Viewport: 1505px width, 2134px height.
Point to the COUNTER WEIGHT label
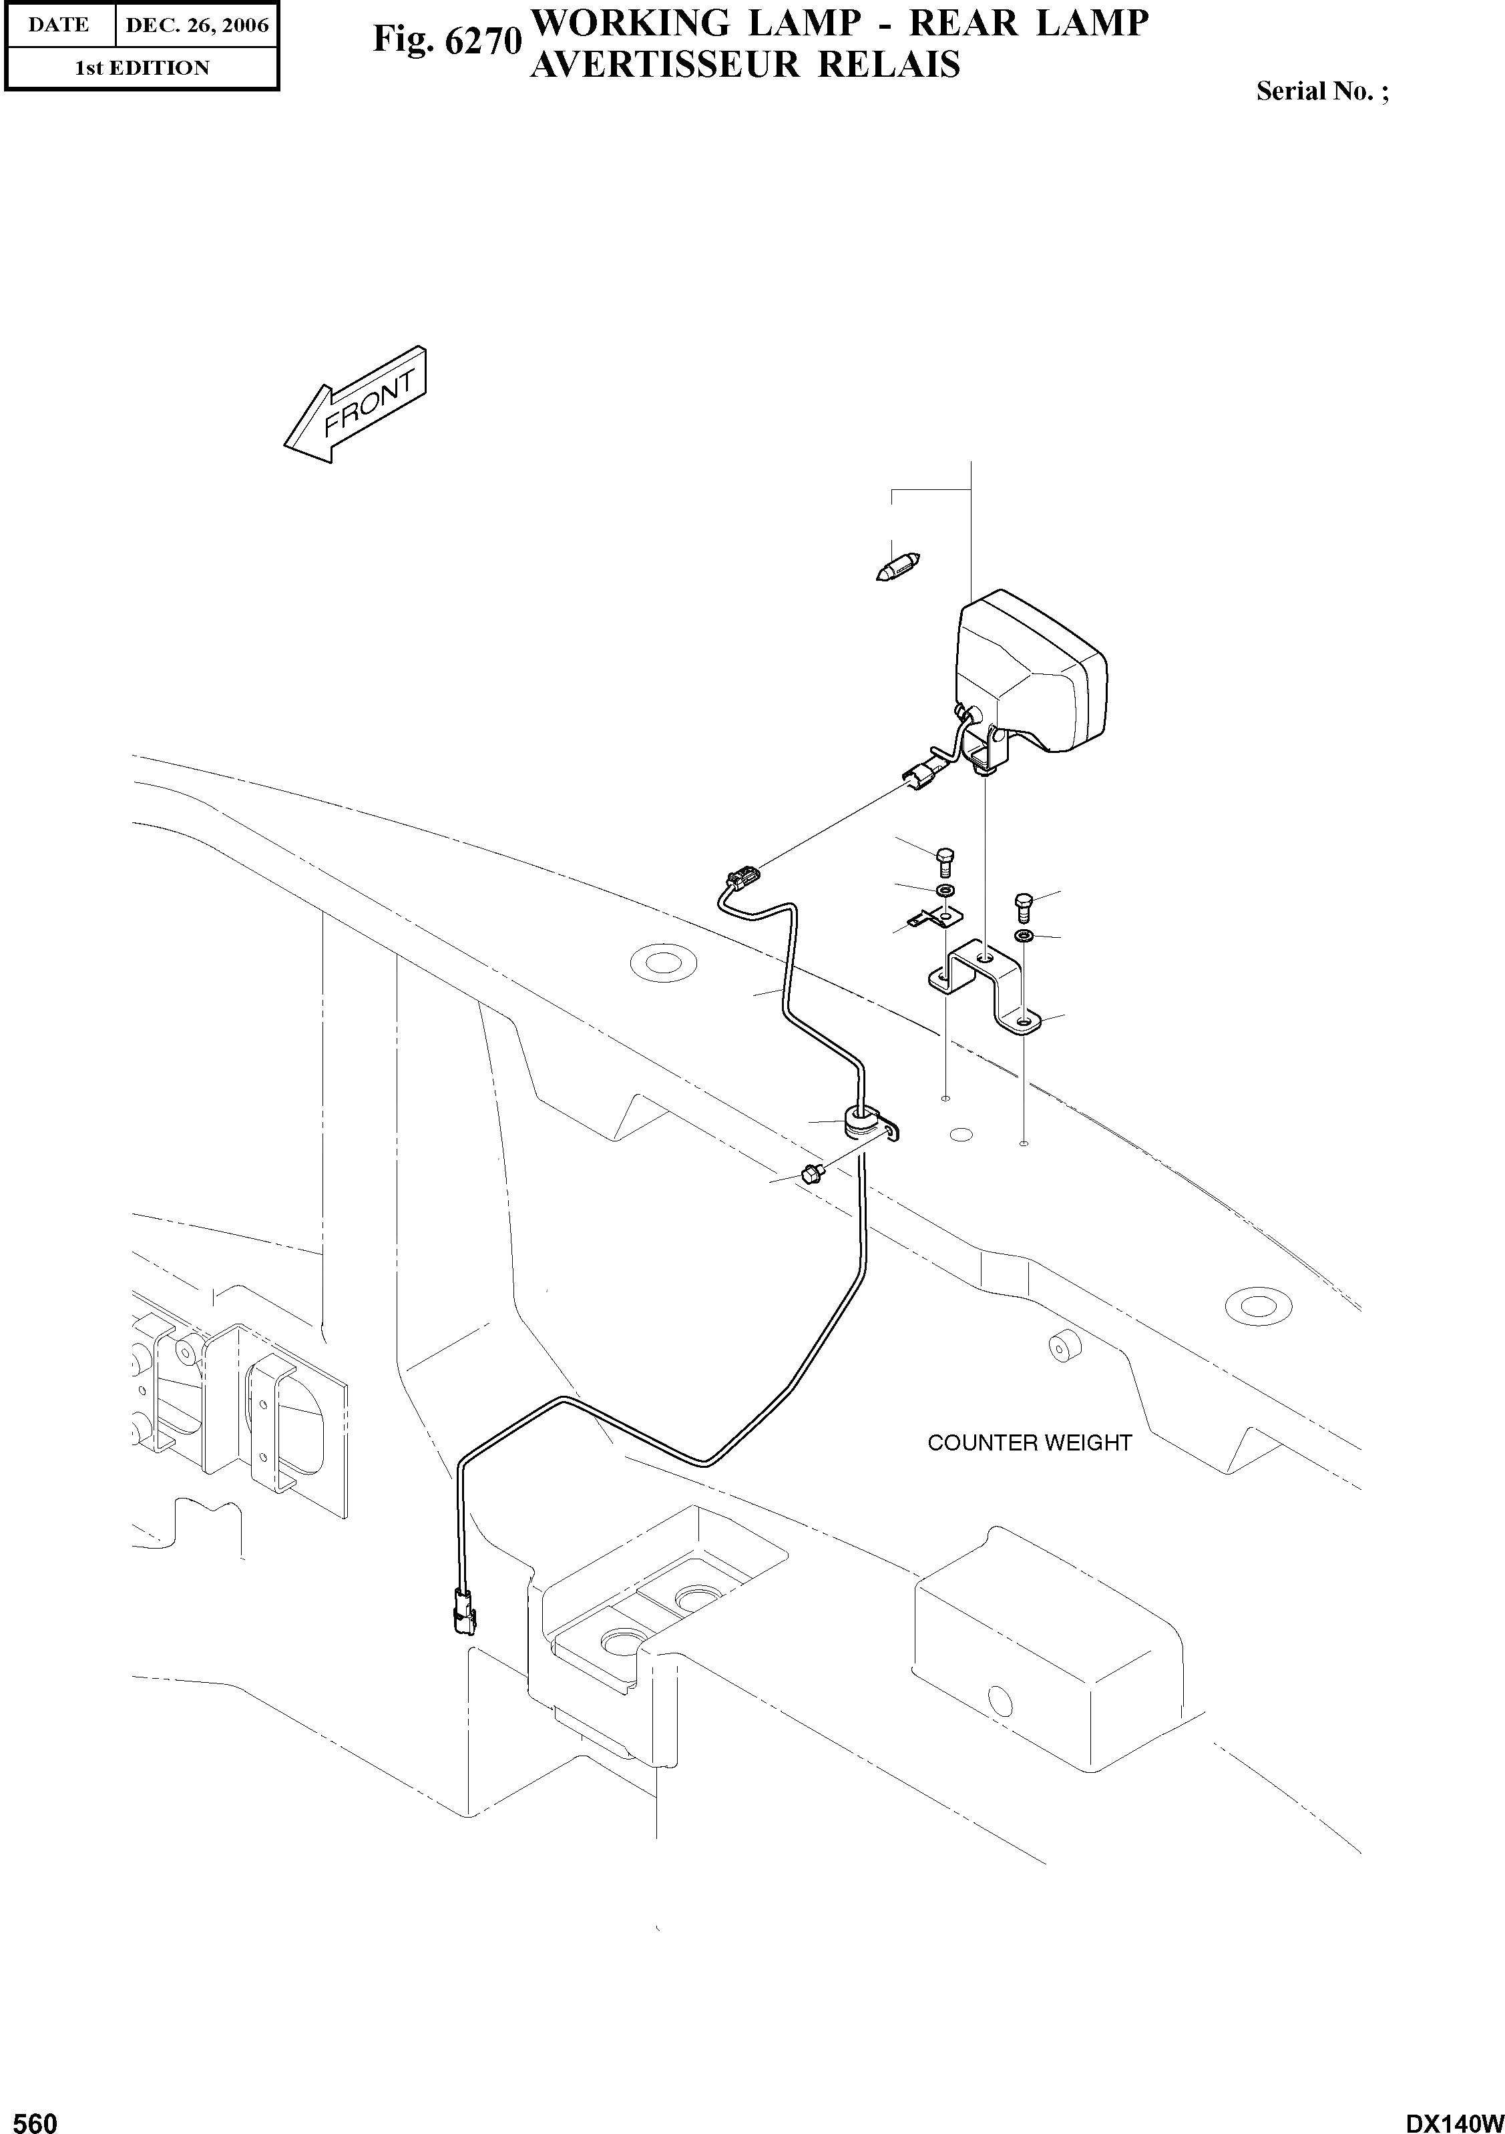coord(1029,1442)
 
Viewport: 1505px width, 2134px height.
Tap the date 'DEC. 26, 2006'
coord(197,25)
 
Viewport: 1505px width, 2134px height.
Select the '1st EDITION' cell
coord(142,68)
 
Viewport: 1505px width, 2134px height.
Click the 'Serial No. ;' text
coord(1322,91)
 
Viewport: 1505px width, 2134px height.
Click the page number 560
coord(31,2117)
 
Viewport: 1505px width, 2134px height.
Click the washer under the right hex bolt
coord(1022,933)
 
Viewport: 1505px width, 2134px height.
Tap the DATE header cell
coord(59,25)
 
